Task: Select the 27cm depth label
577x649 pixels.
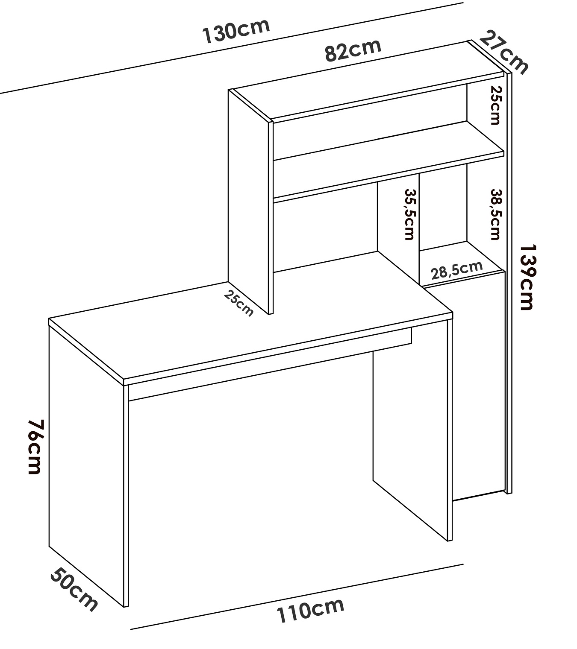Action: (503, 52)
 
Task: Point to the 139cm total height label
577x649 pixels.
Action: (527, 277)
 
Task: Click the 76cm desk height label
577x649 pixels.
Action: (34, 447)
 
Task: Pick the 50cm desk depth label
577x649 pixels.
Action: (74, 589)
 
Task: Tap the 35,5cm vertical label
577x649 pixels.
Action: (409, 214)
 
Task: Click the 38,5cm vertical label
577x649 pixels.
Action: (495, 214)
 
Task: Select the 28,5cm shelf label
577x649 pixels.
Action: (456, 270)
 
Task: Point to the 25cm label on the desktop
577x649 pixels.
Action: (238, 303)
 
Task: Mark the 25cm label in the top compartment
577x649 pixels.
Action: (495, 105)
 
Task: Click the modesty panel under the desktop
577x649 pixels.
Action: (269, 363)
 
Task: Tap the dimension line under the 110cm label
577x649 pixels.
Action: (297, 597)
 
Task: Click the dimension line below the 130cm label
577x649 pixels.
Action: (232, 48)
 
